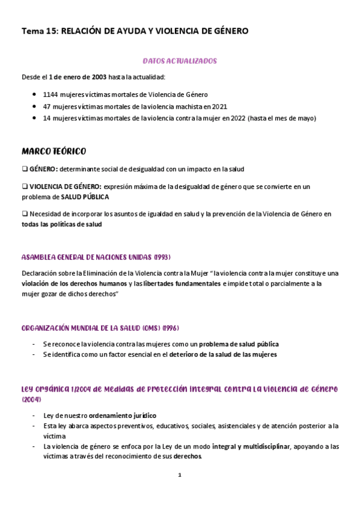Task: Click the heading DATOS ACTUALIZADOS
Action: tap(180, 61)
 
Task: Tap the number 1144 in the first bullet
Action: tap(50, 94)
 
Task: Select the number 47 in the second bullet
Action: tap(47, 106)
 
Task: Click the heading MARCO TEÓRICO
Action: tap(53, 150)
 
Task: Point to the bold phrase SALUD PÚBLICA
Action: tap(85, 197)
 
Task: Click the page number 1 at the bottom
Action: tap(180, 475)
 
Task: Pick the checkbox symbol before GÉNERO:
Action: tap(25, 169)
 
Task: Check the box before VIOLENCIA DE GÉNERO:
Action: tap(25, 186)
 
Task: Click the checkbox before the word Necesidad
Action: tap(25, 214)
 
